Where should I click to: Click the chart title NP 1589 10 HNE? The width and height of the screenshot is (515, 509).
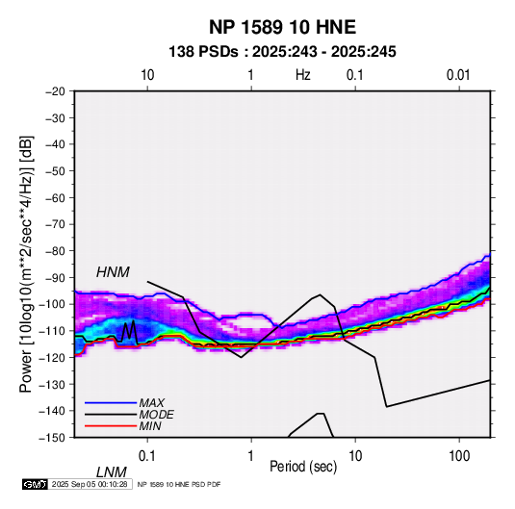(x=282, y=27)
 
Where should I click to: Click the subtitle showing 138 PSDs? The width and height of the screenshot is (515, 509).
(x=282, y=52)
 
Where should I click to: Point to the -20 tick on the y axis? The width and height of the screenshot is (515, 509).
(x=55, y=91)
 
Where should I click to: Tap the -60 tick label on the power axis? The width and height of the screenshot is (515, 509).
(x=55, y=197)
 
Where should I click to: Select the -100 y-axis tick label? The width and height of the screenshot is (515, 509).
(x=53, y=304)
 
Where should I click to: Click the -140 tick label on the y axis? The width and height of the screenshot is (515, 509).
(x=53, y=411)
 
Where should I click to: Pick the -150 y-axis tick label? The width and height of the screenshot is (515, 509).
(x=53, y=438)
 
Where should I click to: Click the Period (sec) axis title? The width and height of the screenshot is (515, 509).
(x=303, y=467)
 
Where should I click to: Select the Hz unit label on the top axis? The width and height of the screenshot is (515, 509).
(x=303, y=75)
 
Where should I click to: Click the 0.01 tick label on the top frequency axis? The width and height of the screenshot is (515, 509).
(x=458, y=75)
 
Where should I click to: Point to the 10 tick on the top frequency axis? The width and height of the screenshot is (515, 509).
(x=147, y=75)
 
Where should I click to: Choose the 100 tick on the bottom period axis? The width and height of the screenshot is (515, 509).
(x=459, y=456)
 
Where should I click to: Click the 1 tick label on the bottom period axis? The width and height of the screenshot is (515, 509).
(x=251, y=456)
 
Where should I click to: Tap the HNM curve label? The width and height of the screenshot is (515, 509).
(x=113, y=272)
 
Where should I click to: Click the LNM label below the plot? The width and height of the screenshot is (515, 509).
(x=112, y=472)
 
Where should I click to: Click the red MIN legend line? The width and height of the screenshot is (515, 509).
(x=111, y=426)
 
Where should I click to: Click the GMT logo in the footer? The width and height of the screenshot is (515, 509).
(x=36, y=484)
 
